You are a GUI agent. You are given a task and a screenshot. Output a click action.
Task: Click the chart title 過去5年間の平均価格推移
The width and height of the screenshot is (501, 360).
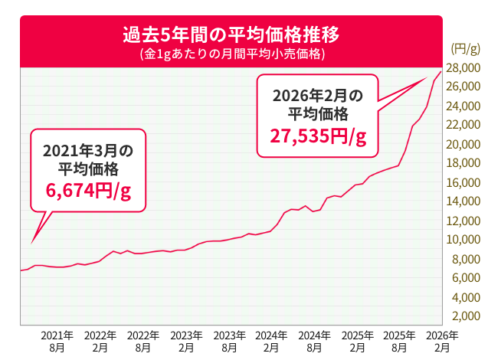coord(231,35)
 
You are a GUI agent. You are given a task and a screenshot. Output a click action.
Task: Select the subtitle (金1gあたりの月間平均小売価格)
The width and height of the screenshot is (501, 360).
coord(231,54)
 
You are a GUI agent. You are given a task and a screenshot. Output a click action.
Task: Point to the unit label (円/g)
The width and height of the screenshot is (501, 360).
coord(465,50)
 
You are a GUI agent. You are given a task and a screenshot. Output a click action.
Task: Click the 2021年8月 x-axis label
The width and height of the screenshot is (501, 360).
coord(57,342)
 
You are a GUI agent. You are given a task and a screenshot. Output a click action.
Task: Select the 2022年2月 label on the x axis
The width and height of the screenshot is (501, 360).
coord(100,342)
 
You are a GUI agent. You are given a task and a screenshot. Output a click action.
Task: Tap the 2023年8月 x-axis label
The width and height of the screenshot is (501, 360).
coord(228,342)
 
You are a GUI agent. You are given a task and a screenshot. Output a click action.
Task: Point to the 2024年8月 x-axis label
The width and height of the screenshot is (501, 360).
coord(313,342)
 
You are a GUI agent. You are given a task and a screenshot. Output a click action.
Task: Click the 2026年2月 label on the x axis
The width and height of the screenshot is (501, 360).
coord(442,342)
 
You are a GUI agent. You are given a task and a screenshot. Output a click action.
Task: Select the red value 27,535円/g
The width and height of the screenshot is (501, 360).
coord(318,136)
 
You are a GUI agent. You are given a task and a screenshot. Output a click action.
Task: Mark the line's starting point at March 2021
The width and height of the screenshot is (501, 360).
coord(20,271)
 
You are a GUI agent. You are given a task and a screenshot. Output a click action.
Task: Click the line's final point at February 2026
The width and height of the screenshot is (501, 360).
coord(441,72)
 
